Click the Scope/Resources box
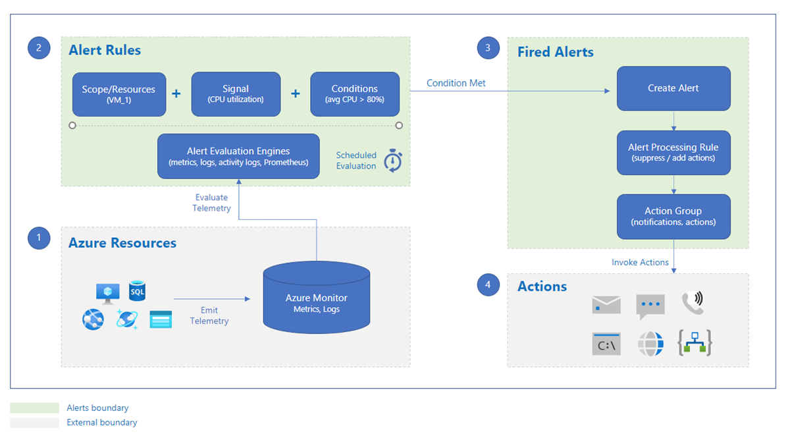[119, 94]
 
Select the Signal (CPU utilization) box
[236, 94]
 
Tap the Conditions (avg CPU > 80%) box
[355, 94]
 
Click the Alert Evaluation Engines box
[238, 156]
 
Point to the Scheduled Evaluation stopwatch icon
[393, 160]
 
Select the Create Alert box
[673, 88]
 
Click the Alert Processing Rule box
[673, 152]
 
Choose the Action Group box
[673, 216]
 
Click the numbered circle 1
[39, 238]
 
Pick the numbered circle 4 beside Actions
[488, 285]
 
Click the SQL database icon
[137, 290]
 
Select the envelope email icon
[606, 304]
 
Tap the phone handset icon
[693, 302]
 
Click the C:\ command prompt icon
[606, 344]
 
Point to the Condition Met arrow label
[456, 83]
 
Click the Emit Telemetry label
[209, 315]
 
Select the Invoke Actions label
[640, 262]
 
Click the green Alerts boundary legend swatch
[35, 408]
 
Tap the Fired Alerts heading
[555, 52]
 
